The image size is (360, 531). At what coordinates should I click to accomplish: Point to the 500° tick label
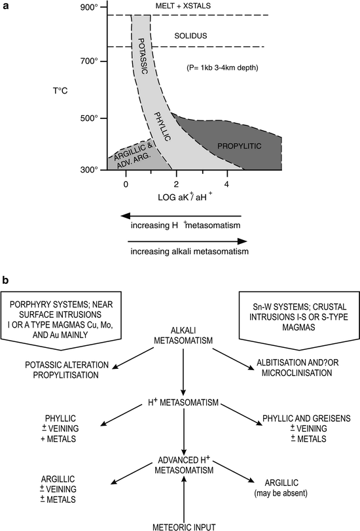coord(89,118)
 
